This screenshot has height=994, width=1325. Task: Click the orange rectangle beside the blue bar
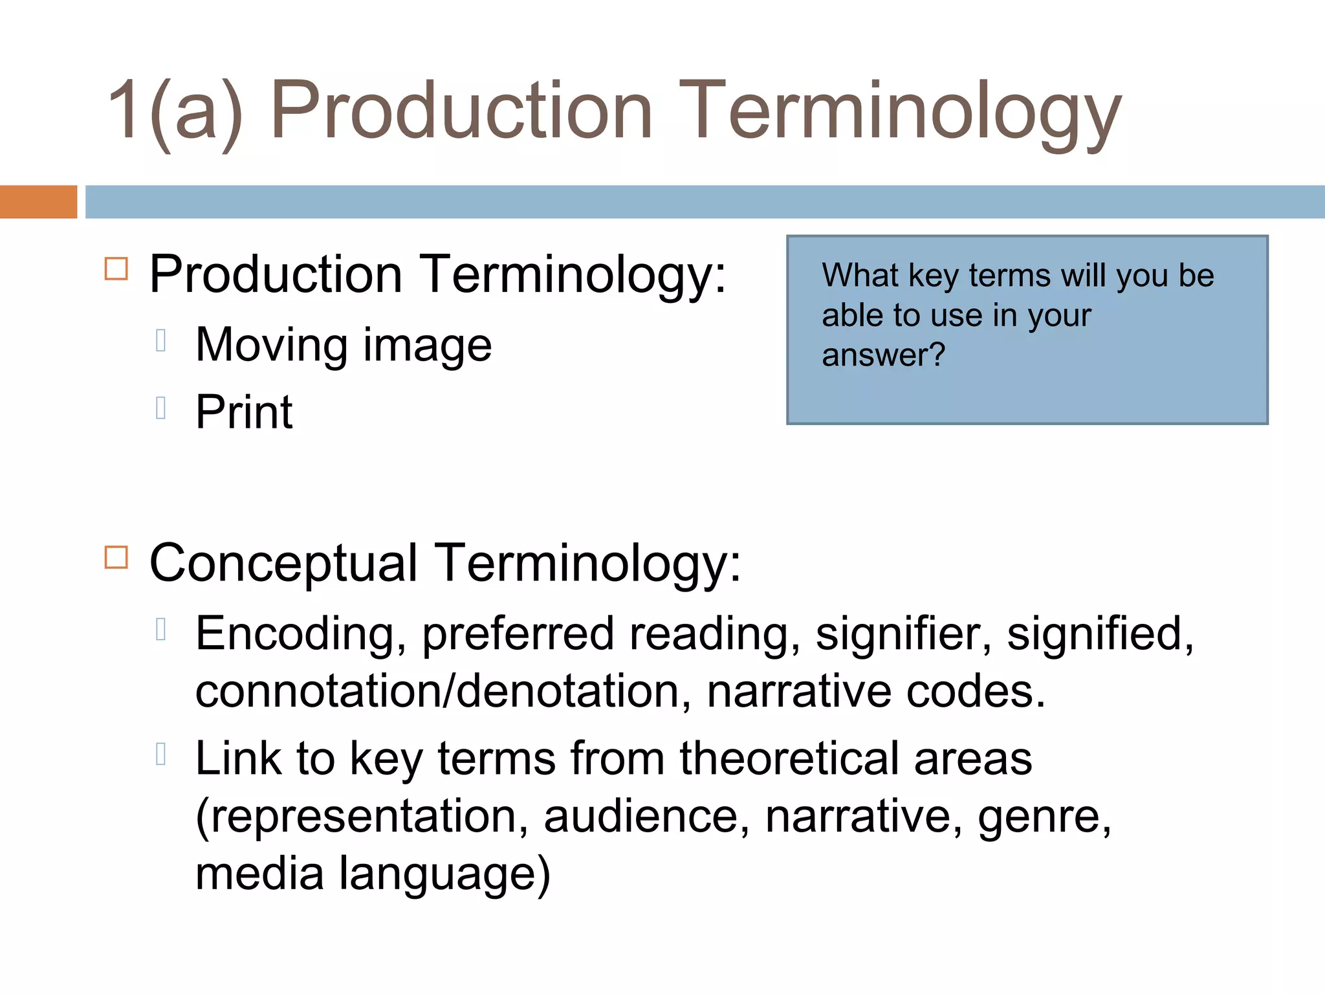38,202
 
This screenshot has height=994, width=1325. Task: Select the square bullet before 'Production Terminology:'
116,269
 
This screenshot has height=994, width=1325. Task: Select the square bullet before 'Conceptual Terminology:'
116,557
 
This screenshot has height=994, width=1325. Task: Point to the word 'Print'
244,412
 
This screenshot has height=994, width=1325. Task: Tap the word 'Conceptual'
283,563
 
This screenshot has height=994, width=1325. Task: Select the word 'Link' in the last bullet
238,758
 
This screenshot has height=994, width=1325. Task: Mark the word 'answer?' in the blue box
883,355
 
